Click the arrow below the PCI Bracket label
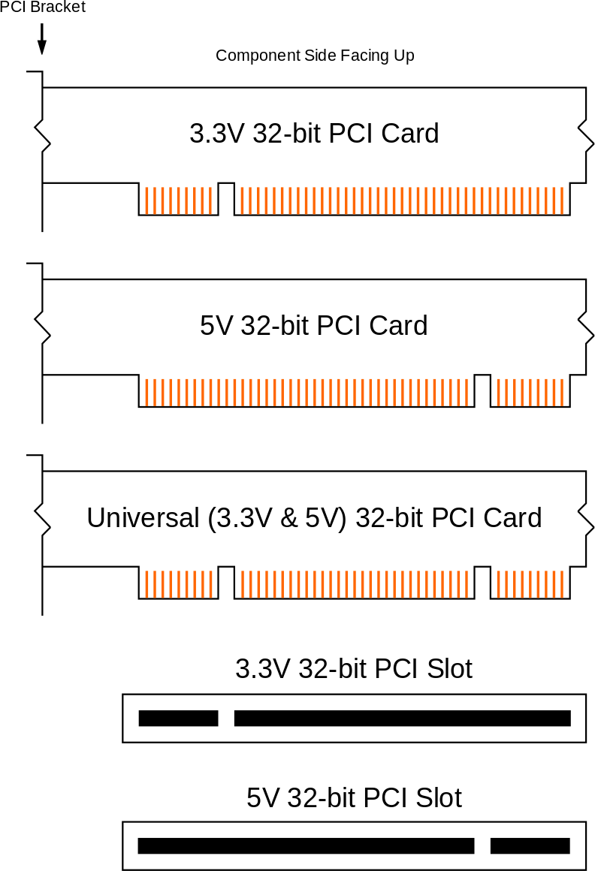point(42,39)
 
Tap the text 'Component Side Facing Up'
point(315,56)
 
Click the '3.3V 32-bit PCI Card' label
point(314,134)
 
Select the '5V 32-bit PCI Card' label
point(314,326)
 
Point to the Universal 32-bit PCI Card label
point(314,518)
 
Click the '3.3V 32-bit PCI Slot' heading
point(354,668)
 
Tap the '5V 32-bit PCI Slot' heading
point(354,797)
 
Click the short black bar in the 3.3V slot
point(178,719)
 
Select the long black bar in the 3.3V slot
point(402,719)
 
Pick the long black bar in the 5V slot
point(306,846)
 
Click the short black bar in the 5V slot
point(530,846)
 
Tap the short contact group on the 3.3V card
point(179,200)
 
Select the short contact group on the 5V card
point(530,391)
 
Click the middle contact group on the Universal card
point(354,583)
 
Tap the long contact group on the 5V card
point(307,391)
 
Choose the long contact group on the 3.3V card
point(402,200)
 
